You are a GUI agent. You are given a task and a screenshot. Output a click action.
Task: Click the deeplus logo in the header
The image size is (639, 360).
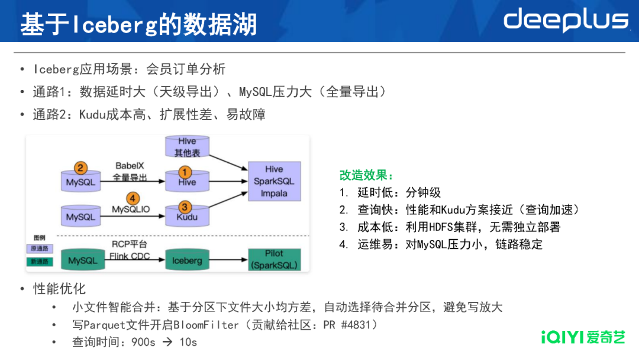tap(565, 20)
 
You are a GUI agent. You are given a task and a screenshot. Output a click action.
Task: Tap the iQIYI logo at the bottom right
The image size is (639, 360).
tap(583, 337)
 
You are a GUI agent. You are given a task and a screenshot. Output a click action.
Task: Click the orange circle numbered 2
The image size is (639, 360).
tap(80, 168)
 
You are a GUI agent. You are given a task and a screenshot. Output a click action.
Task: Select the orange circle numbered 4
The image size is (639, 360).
tap(134, 199)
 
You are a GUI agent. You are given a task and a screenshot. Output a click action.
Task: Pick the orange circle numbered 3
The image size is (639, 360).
tap(186, 207)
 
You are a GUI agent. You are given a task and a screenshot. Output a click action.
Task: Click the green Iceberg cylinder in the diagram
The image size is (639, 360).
tap(187, 261)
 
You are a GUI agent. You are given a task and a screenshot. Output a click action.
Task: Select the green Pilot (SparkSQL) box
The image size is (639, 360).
tap(274, 259)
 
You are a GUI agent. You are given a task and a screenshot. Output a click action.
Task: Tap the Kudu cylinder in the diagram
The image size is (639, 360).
tap(187, 214)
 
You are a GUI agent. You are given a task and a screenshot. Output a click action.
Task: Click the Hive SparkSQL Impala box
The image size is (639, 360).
tap(274, 181)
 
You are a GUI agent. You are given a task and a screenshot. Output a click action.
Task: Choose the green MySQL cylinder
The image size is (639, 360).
tap(82, 261)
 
